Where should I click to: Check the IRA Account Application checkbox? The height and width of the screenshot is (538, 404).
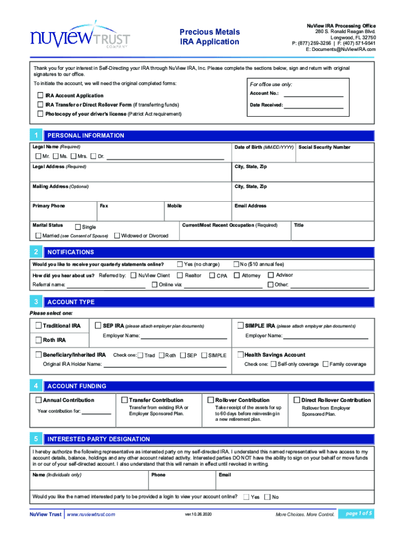(x=40, y=96)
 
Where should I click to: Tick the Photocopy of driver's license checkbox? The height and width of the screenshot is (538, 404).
(x=40, y=113)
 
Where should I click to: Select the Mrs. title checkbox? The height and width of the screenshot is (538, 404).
(x=73, y=157)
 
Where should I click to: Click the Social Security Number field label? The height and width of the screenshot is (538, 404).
(x=324, y=148)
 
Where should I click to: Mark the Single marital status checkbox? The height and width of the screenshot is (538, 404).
(x=78, y=227)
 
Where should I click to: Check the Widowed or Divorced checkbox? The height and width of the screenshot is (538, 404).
(x=117, y=235)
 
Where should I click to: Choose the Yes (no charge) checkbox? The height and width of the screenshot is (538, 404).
(x=180, y=264)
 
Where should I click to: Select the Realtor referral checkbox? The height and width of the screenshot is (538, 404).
(x=180, y=275)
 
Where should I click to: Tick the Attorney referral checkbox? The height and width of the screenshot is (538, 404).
(x=237, y=275)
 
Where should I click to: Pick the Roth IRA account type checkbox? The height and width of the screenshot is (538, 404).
(x=38, y=340)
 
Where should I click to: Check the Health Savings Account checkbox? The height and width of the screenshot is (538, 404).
(x=240, y=355)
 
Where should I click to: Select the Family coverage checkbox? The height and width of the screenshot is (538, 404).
(x=325, y=364)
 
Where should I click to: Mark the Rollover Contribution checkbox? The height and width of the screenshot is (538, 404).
(x=211, y=400)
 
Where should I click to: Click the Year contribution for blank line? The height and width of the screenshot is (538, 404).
(x=97, y=413)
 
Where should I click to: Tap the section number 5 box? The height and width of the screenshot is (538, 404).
(x=36, y=439)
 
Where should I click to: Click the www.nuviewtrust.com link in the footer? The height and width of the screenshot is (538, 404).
(x=91, y=514)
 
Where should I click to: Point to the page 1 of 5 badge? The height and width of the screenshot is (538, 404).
(x=356, y=513)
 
